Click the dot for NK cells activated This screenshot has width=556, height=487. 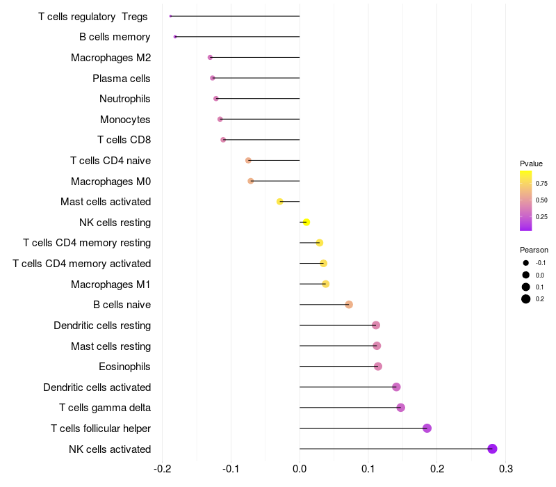493,449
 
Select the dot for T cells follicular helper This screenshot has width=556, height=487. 427,428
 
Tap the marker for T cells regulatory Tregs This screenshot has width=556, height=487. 170,16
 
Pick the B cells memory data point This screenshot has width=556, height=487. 175,36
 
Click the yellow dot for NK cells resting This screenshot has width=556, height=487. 306,222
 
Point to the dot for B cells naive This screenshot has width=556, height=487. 349,305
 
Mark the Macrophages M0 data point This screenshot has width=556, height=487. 251,181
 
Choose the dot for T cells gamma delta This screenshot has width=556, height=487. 400,408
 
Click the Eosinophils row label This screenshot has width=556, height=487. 125,367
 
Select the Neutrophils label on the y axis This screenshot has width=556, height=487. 125,99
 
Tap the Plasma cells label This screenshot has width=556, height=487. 122,78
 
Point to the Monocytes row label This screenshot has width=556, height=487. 125,120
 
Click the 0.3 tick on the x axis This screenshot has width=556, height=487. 506,469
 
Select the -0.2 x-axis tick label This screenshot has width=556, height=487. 162,469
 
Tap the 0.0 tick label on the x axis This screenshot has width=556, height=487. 300,469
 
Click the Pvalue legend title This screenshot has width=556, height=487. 531,163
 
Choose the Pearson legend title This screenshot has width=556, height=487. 534,250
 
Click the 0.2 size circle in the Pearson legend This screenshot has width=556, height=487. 526,299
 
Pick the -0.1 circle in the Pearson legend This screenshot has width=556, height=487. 526,263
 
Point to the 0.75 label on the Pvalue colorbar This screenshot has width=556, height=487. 541,184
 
